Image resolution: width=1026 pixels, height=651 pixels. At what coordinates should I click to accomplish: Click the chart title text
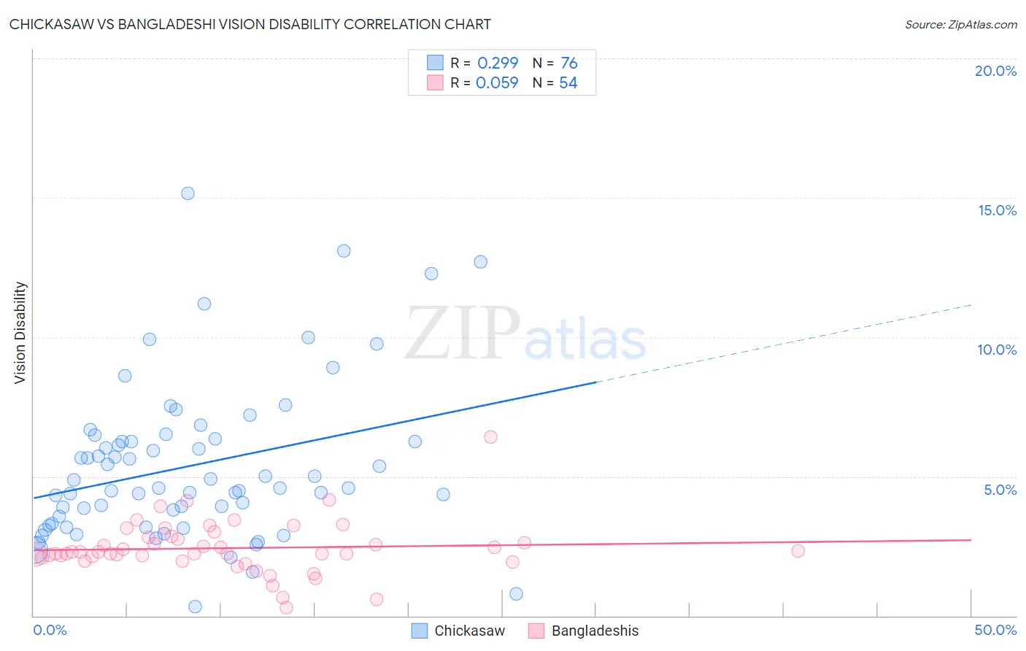[x=250, y=24]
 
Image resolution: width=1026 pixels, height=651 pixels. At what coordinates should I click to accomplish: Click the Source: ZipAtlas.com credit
[x=960, y=24]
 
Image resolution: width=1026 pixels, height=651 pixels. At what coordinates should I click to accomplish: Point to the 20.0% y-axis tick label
[x=995, y=71]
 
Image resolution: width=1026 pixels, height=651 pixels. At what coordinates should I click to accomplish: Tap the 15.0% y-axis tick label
[x=997, y=210]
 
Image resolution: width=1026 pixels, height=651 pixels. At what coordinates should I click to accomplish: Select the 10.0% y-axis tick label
[x=997, y=350]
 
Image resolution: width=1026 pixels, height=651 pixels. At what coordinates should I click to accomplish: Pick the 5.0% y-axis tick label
[x=1000, y=490]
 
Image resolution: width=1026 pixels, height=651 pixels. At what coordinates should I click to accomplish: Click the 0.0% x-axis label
[x=50, y=630]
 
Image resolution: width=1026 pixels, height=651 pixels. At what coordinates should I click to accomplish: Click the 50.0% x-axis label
[x=995, y=630]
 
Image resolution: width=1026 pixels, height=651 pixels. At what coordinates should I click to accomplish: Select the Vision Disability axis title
[x=20, y=333]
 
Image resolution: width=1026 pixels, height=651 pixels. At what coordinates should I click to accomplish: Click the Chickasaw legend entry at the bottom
[x=468, y=631]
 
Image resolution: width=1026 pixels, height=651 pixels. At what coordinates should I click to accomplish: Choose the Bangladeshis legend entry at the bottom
[x=594, y=631]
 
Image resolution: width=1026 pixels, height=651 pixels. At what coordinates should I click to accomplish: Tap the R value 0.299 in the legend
[x=498, y=63]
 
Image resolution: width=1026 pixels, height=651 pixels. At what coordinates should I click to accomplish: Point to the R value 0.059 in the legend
[x=497, y=82]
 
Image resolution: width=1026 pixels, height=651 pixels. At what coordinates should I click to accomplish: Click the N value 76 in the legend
[x=569, y=63]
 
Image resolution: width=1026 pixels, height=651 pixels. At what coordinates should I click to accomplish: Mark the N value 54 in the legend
[x=568, y=82]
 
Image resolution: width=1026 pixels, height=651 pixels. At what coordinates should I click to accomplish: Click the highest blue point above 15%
[x=188, y=193]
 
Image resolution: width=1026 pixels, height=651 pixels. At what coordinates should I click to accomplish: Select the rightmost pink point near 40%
[x=798, y=551]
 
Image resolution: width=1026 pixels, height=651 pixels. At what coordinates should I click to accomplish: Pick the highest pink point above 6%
[x=490, y=437]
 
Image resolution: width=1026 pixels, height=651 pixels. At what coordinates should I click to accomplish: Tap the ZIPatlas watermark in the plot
[x=525, y=334]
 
